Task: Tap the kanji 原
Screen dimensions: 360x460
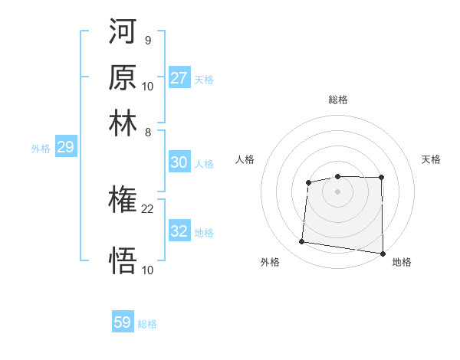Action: [x=123, y=79]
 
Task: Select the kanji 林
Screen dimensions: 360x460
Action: [x=123, y=123]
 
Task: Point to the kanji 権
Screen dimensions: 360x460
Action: [x=123, y=201]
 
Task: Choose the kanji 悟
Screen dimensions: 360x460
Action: [x=123, y=261]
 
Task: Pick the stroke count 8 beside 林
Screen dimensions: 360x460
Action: [x=148, y=132]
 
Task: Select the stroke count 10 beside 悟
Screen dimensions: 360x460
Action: [x=148, y=270]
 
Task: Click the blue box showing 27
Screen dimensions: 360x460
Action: [x=179, y=77]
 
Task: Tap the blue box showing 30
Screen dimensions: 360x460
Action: [x=179, y=162]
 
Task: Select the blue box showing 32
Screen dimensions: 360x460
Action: [x=179, y=231]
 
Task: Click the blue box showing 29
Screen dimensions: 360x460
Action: [x=65, y=147]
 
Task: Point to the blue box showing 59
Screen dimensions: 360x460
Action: [x=123, y=322]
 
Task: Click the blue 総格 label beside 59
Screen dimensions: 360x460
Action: [x=147, y=324]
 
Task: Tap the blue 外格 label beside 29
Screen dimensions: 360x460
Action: [x=41, y=149]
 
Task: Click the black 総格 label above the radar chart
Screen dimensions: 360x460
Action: [x=337, y=100]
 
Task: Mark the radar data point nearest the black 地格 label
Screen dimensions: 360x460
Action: [x=383, y=254]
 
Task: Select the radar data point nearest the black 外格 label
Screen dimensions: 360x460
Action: [x=302, y=242]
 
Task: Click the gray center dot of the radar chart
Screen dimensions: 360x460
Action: [x=337, y=191]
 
